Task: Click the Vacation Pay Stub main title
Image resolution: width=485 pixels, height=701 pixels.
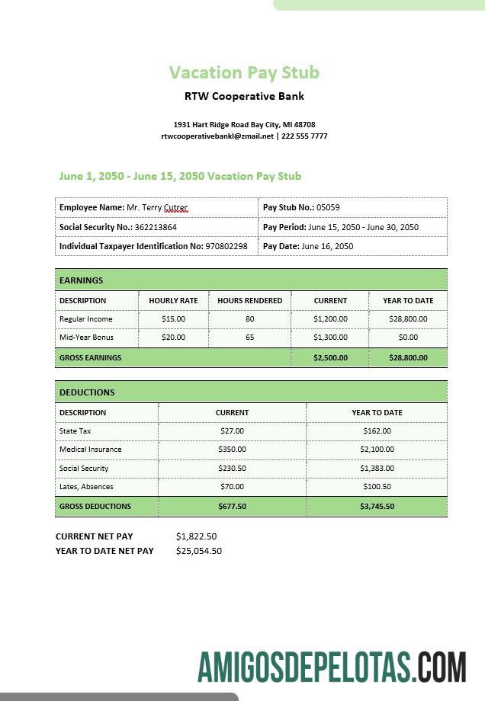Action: click(244, 72)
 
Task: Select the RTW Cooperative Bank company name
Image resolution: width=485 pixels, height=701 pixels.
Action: click(244, 96)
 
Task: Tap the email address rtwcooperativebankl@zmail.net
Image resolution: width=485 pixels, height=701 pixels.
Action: click(217, 136)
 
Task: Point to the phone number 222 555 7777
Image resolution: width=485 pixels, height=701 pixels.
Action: click(304, 136)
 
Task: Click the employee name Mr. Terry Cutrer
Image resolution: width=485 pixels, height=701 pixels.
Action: click(157, 207)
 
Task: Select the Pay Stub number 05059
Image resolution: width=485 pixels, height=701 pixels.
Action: click(328, 207)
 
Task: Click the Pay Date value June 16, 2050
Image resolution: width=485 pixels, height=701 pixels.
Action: click(327, 246)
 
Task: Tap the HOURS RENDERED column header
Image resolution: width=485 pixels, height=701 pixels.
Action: click(249, 300)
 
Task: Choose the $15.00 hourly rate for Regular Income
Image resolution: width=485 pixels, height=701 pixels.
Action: click(173, 319)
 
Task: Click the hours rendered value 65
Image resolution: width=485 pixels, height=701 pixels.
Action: click(249, 337)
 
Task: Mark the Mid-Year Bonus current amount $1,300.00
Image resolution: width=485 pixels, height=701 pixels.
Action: click(330, 337)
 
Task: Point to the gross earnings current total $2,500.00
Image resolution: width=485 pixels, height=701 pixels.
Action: click(330, 357)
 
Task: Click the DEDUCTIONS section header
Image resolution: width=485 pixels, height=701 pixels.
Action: click(87, 392)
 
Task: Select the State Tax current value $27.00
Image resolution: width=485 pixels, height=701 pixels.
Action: click(232, 431)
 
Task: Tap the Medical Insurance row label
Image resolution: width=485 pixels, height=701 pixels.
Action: click(90, 450)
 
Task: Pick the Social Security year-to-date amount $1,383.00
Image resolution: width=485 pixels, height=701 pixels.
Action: click(377, 468)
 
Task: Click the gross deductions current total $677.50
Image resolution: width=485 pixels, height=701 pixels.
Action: click(232, 506)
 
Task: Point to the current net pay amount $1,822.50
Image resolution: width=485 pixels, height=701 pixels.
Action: click(196, 536)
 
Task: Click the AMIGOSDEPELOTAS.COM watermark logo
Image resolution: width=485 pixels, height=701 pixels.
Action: click(332, 667)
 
